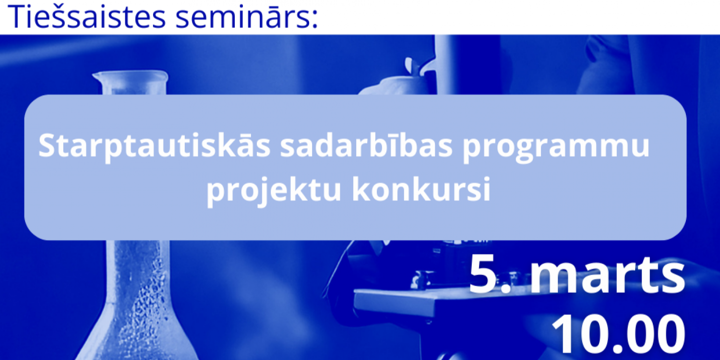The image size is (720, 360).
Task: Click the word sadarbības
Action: pos(366,145)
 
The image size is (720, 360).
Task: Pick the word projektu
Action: pos(274,189)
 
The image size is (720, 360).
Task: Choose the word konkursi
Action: pos(421,189)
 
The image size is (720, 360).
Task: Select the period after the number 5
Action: pos(506,288)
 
